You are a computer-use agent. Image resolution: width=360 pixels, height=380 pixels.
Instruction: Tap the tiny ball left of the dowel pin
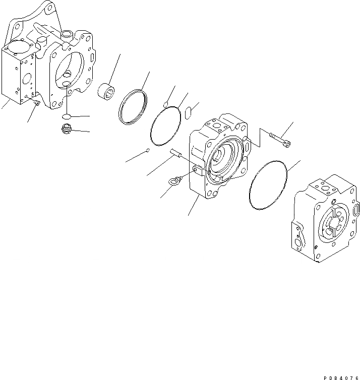click(147, 149)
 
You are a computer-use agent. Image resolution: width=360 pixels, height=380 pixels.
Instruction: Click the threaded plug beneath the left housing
click(65, 130)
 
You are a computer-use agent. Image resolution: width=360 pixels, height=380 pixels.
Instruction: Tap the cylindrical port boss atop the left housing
click(66, 34)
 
